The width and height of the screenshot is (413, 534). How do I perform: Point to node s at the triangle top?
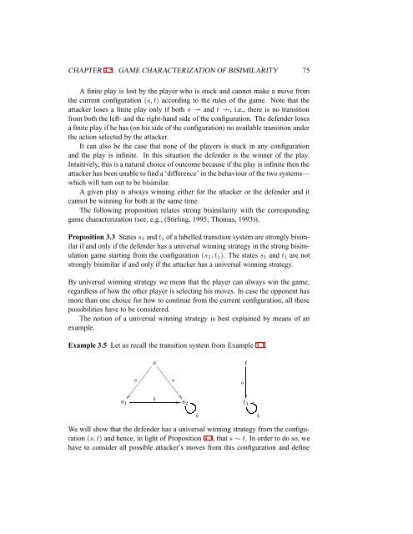tap(155, 387)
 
